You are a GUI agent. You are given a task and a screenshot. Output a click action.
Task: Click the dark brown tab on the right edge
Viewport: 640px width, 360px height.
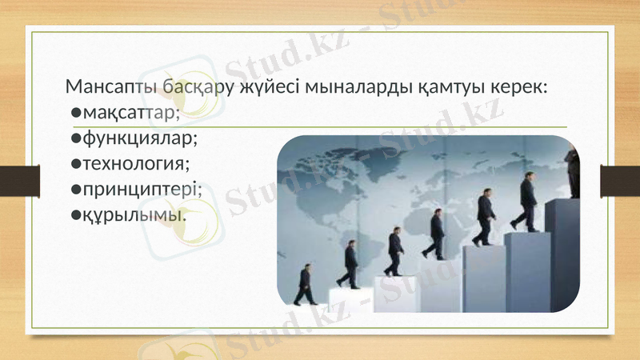(621, 180)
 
